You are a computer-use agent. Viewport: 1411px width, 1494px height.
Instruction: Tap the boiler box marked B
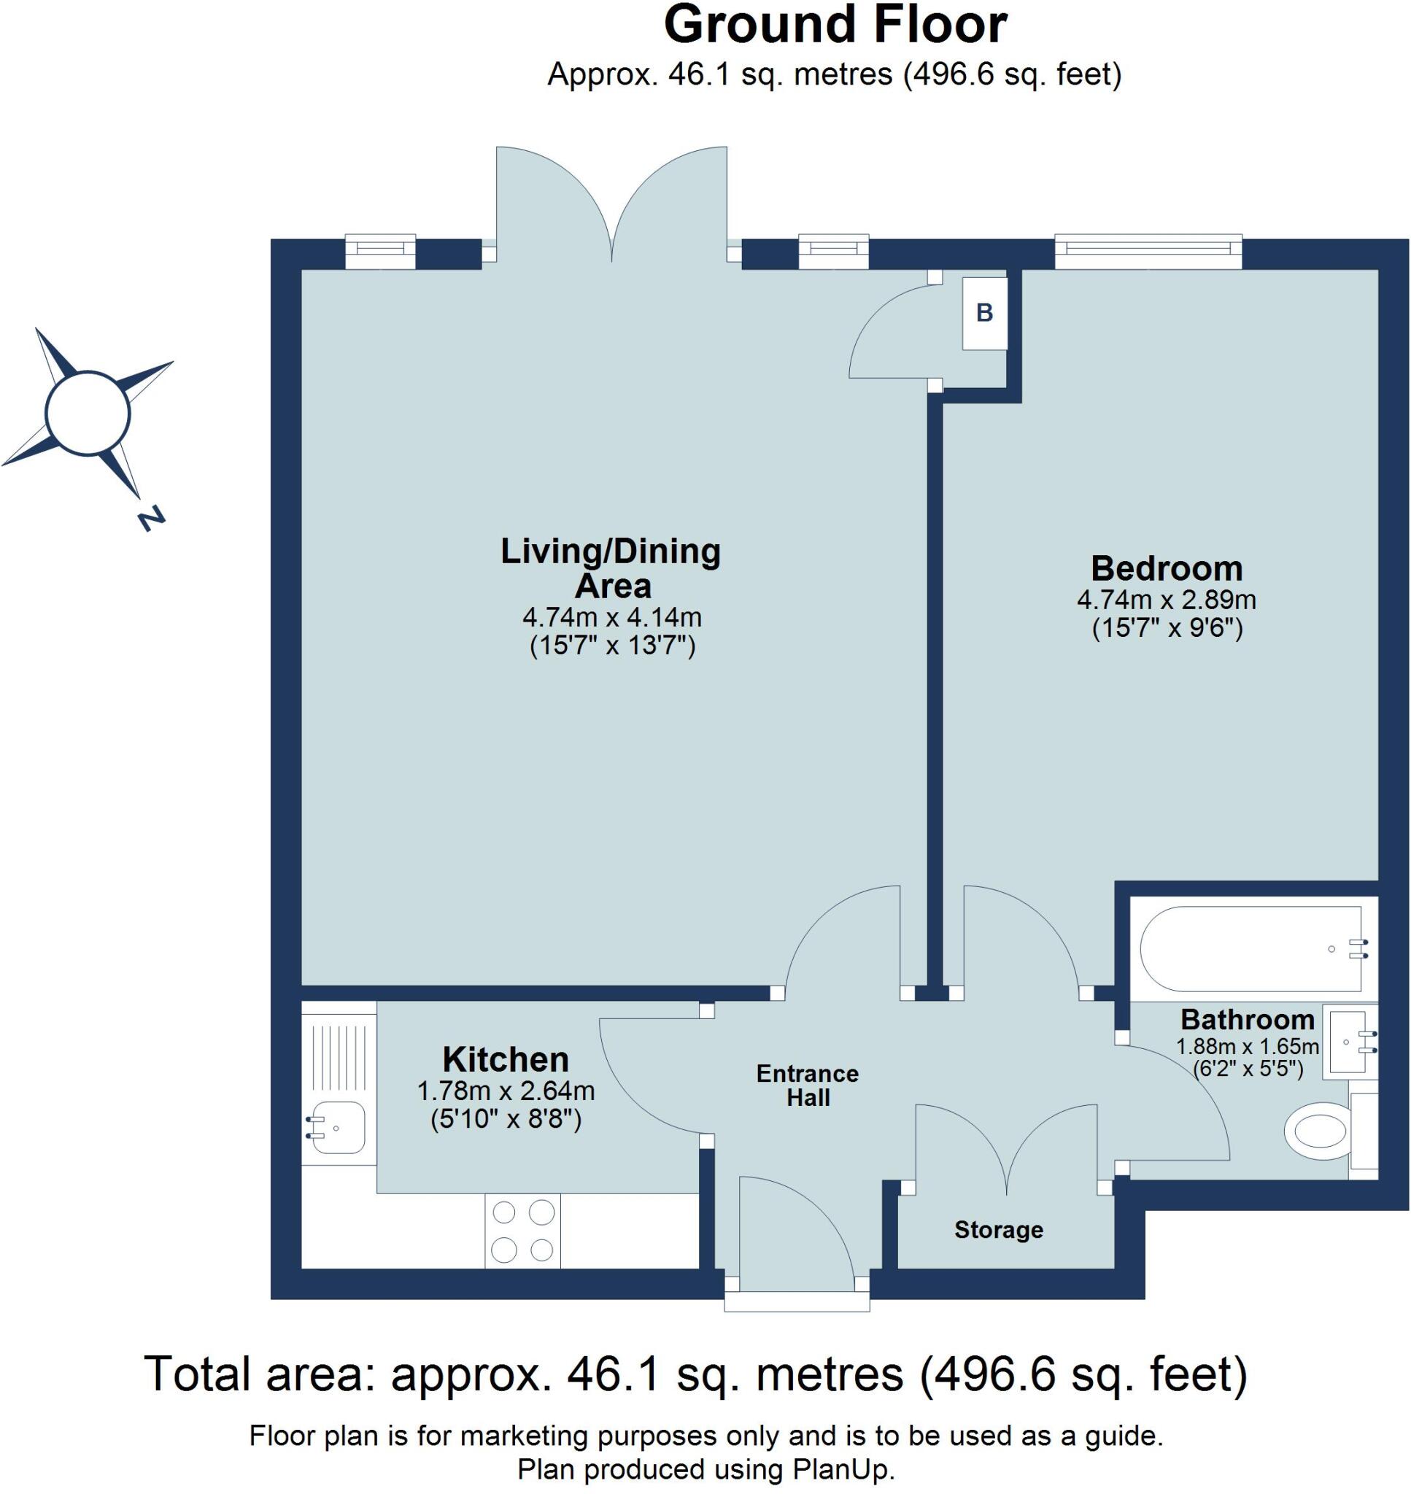(984, 313)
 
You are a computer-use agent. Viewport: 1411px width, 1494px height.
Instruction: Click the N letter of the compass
(151, 518)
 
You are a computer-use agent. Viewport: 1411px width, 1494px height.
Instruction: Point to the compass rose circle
(88, 413)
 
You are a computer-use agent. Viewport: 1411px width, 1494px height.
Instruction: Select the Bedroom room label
(1167, 568)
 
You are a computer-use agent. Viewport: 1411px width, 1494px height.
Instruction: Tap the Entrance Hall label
(808, 1085)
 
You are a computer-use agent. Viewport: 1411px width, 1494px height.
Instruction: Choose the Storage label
(999, 1229)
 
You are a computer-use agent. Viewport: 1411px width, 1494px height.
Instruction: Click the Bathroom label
(1248, 1020)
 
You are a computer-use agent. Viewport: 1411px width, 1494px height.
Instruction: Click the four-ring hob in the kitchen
(522, 1231)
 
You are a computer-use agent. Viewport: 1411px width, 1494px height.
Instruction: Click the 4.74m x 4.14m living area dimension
(612, 618)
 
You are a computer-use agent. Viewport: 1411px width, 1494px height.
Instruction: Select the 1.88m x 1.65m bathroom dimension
(1248, 1046)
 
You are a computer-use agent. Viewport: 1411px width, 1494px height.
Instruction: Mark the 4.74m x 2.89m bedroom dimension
(1167, 600)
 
